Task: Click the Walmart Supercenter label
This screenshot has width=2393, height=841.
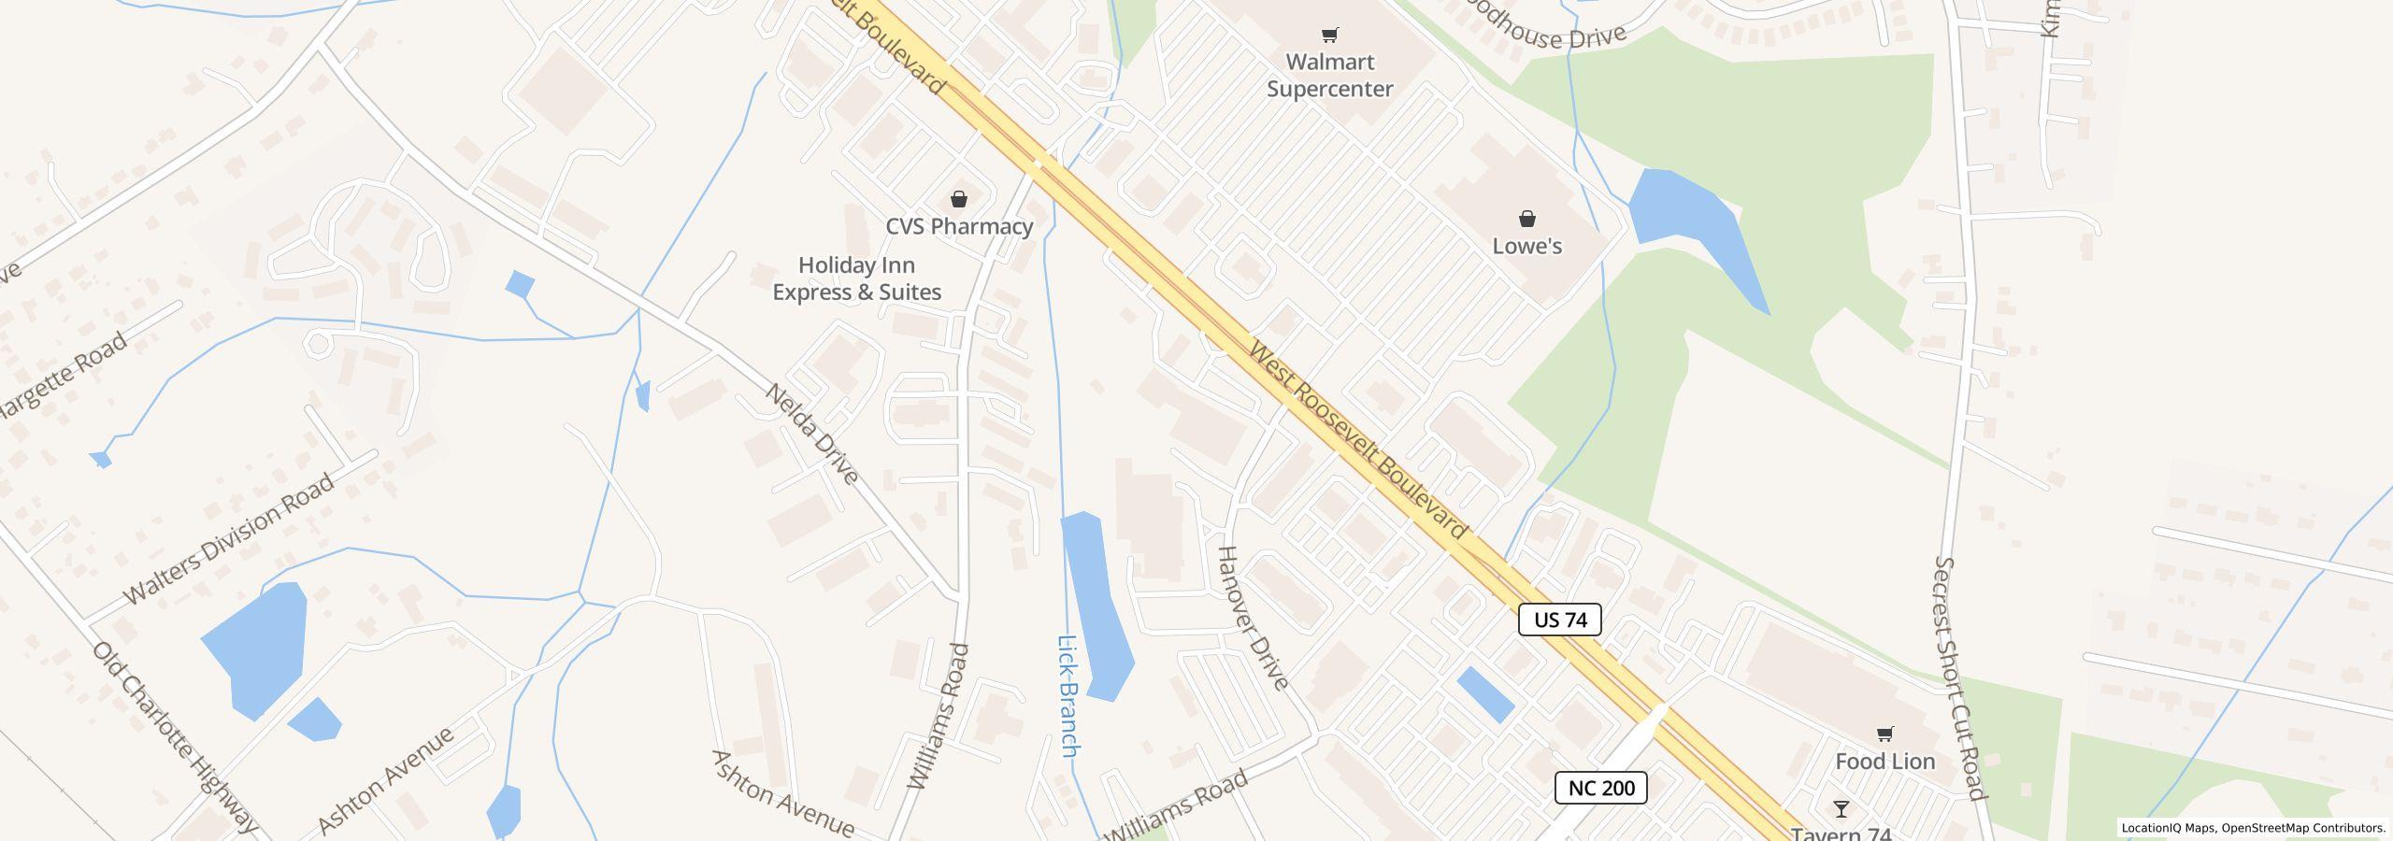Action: coord(1329,76)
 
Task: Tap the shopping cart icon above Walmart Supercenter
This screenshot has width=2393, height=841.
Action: coord(1329,36)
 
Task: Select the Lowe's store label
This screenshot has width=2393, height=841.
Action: coord(1526,246)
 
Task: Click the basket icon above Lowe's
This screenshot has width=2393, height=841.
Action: coord(1526,219)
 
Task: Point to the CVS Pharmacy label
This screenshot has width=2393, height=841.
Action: coord(959,226)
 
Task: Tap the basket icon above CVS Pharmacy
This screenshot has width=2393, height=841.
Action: coord(959,199)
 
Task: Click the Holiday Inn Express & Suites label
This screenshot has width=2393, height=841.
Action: coord(856,278)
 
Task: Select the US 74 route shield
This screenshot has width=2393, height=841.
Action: coord(1559,620)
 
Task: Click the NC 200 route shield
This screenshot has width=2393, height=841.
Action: coord(1600,788)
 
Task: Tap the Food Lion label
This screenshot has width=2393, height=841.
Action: coord(1884,762)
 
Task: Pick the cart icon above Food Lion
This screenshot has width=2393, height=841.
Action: coord(1884,734)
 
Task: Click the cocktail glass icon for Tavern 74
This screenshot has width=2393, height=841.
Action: coord(1841,809)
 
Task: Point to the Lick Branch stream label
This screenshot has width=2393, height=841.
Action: coord(1068,696)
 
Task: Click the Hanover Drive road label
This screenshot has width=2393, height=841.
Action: coord(1253,619)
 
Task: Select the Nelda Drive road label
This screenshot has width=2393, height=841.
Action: coord(811,435)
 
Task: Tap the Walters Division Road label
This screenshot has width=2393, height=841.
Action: coord(228,539)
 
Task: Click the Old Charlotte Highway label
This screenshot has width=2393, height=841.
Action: coord(174,738)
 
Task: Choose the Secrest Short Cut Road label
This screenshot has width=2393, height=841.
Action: coord(1959,679)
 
